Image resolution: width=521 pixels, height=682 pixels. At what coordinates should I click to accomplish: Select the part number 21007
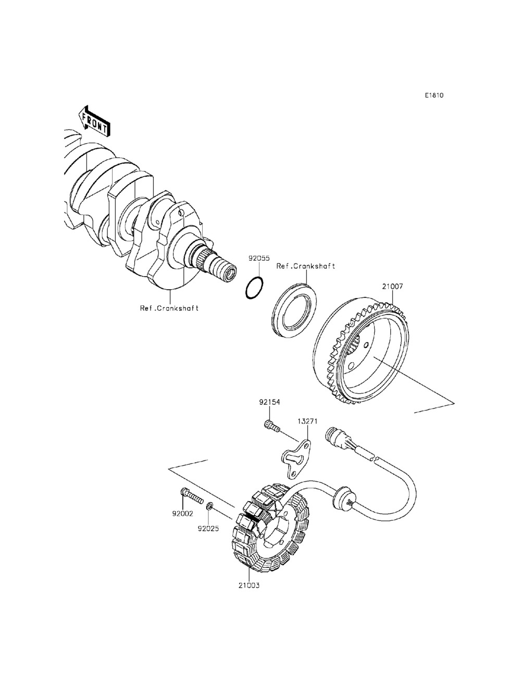(x=392, y=286)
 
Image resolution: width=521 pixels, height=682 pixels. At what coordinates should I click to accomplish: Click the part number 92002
(x=183, y=514)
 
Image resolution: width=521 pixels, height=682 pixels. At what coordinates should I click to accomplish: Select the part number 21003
(x=249, y=585)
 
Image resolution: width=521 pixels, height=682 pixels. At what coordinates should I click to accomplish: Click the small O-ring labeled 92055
(x=254, y=288)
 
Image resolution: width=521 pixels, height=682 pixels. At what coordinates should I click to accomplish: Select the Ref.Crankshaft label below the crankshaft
(x=169, y=308)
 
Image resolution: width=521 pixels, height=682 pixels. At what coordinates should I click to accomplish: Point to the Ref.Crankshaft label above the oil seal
(x=305, y=266)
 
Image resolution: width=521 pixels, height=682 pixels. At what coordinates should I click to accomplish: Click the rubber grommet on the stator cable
(x=342, y=495)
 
